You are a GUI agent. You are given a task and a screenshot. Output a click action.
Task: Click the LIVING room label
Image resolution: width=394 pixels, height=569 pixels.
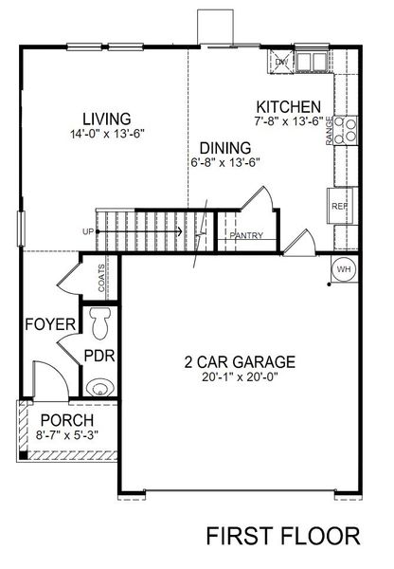pyautogui.click(x=105, y=118)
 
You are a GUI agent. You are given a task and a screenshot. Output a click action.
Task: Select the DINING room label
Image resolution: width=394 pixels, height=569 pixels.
pyautogui.click(x=224, y=147)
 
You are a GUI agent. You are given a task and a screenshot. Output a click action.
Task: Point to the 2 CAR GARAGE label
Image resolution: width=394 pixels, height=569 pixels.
pyautogui.click(x=240, y=361)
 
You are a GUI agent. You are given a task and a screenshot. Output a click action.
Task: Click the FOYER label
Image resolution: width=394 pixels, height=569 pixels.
pyautogui.click(x=49, y=324)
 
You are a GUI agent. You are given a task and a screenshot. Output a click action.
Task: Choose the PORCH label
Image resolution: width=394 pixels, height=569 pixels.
pyautogui.click(x=66, y=420)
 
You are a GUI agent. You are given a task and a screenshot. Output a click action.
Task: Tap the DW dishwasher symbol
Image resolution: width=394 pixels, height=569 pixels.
pyautogui.click(x=281, y=63)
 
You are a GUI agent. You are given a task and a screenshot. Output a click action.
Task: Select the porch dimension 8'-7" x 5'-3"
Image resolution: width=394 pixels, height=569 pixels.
pyautogui.click(x=66, y=435)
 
